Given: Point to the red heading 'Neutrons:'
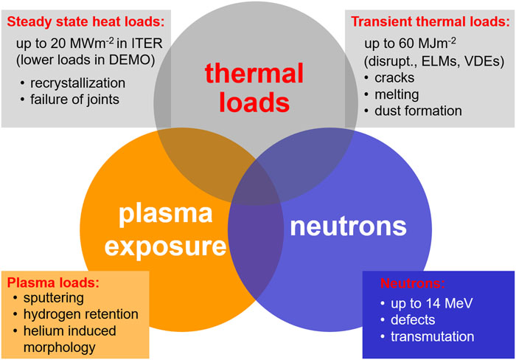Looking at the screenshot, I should pyautogui.click(x=414, y=283).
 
